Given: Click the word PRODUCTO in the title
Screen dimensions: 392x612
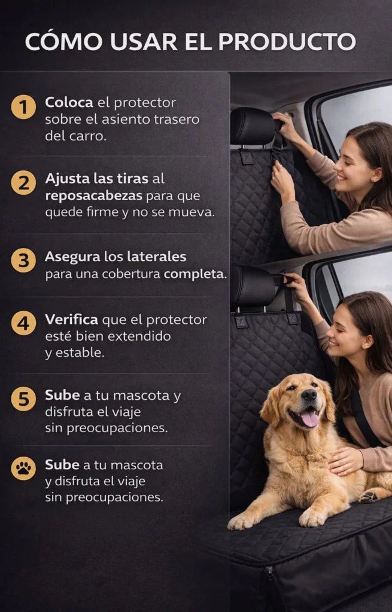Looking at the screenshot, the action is (287, 42).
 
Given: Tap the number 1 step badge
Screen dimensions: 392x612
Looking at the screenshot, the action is (23, 106).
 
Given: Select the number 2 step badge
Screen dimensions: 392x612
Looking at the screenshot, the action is (23, 182).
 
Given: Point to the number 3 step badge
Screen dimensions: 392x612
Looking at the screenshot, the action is (23, 260).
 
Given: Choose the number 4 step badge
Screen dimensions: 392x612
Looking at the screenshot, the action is (23, 323).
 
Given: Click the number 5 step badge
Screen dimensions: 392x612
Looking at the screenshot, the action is (23, 399).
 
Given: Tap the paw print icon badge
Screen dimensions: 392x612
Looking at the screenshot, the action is (23, 468).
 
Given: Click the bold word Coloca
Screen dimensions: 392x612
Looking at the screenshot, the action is (69, 102).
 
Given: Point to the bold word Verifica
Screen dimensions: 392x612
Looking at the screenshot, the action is (72, 319).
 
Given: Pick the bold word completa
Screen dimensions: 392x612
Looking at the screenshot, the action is (195, 274).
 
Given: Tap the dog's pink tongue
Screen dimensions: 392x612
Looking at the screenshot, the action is (309, 419).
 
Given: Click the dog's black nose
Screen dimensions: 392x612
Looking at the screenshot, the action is (309, 396).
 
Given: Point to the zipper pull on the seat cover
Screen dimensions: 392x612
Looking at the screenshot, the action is (270, 573).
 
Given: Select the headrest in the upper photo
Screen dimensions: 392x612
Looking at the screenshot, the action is (253, 126).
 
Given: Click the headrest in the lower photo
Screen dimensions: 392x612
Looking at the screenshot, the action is (253, 286).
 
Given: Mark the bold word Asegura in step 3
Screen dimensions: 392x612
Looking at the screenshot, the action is (72, 257).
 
